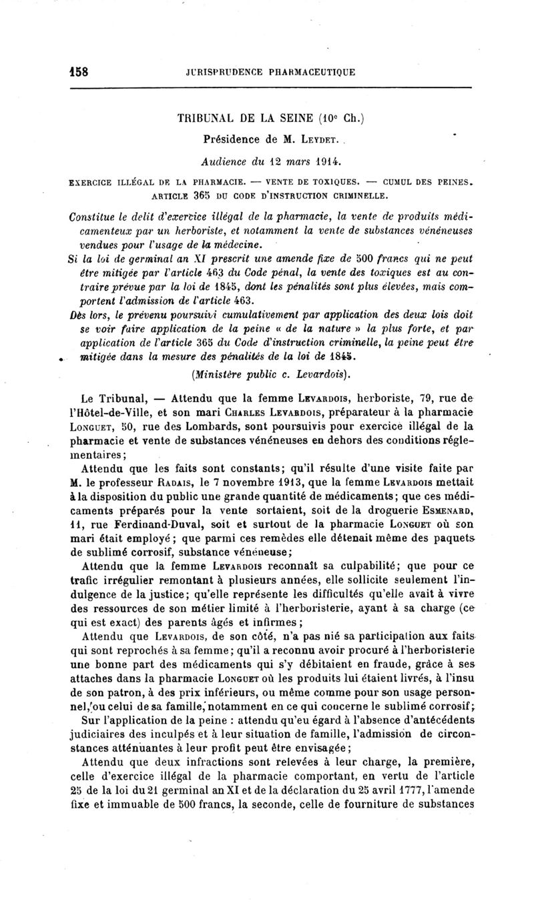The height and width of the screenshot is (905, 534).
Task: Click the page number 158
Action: [x=79, y=71]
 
